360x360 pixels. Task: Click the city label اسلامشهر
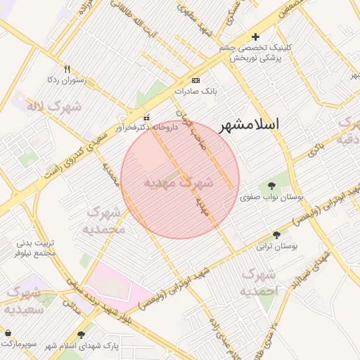tap(250, 125)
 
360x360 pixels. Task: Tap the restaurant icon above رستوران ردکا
tap(67, 69)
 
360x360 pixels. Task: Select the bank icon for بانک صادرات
tap(195, 80)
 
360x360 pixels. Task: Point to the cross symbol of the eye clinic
tap(255, 37)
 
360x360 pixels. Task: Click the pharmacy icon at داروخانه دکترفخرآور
tap(146, 117)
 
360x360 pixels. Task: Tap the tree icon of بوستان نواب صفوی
tap(272, 186)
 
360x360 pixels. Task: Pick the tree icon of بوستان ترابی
tap(276, 235)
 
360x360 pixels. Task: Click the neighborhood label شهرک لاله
tap(53, 107)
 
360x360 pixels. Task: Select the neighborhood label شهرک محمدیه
tap(105, 220)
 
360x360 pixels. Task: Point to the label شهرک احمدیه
tap(259, 281)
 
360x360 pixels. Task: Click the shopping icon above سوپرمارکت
tap(8, 333)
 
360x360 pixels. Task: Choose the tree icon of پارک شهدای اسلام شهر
tap(82, 335)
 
